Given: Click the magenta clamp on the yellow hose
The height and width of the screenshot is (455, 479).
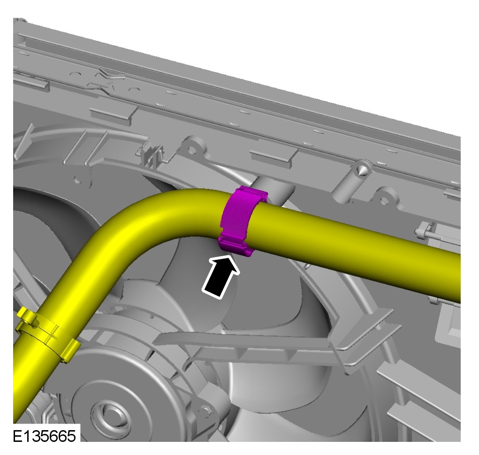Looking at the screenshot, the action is pyautogui.click(x=241, y=221).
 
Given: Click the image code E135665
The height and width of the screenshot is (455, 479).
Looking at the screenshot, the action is pyautogui.click(x=44, y=436).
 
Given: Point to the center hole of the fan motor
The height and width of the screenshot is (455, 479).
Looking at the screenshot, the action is pyautogui.click(x=113, y=414).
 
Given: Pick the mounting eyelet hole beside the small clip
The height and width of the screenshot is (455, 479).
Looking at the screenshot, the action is pyautogui.click(x=192, y=150).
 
